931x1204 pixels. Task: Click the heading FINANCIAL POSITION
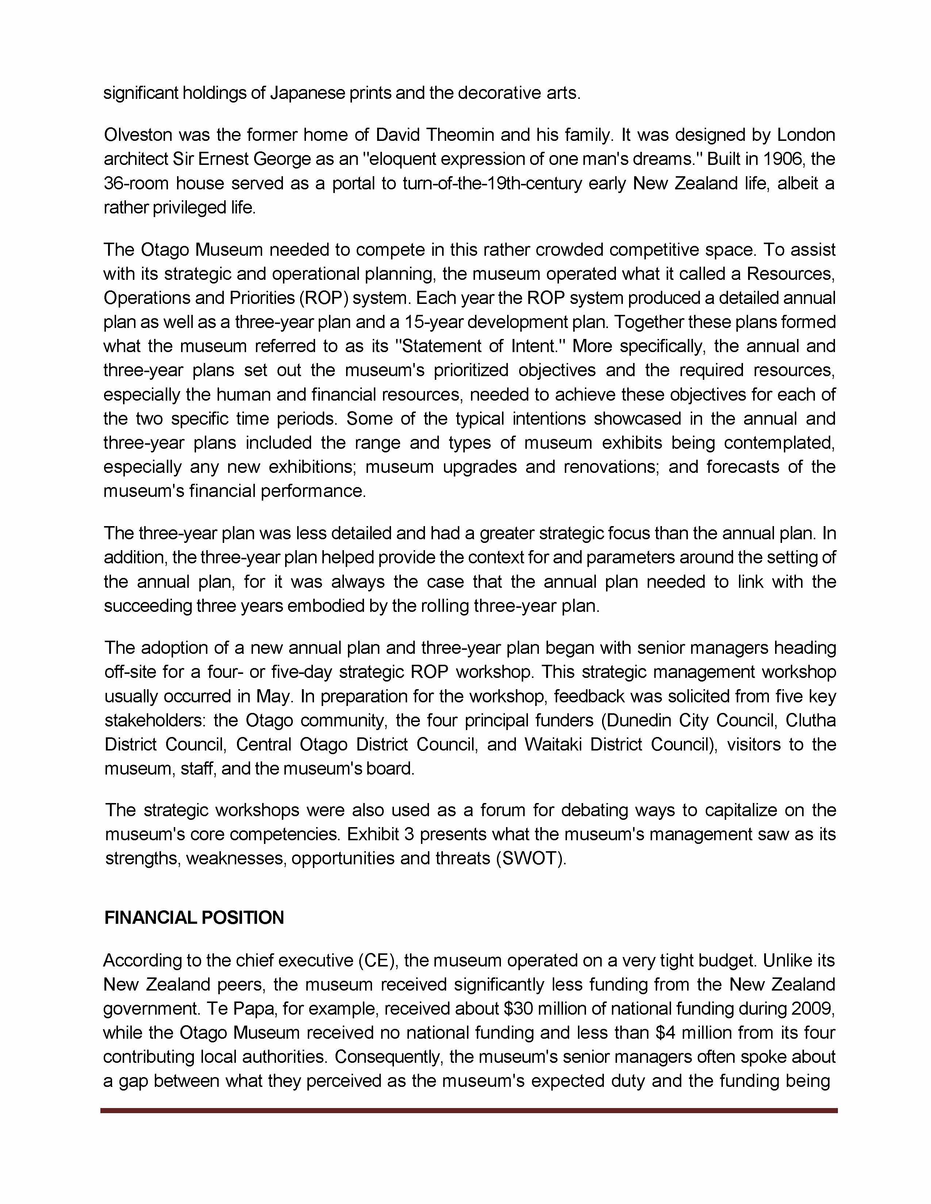point(194,918)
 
